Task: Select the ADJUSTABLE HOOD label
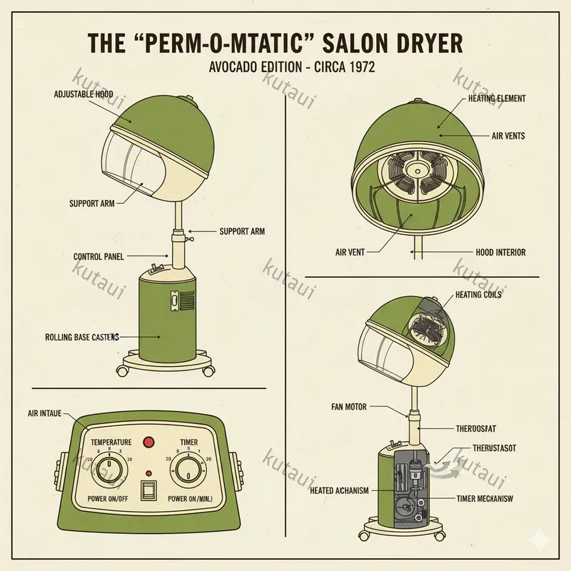pos(84,94)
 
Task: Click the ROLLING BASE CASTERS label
pos(81,336)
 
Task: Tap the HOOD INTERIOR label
pos(500,252)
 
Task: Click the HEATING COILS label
pos(478,295)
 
